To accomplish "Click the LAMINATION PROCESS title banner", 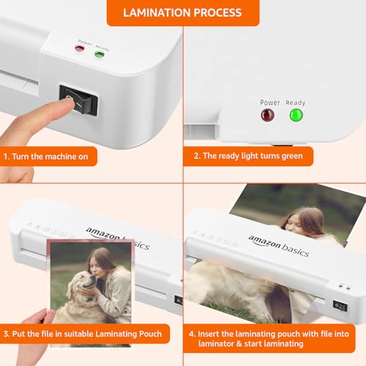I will click(x=182, y=12).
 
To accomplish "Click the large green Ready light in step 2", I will click(x=296, y=115).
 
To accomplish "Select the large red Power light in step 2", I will click(x=269, y=115).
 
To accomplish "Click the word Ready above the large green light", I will click(x=295, y=102).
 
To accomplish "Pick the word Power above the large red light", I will click(x=269, y=102).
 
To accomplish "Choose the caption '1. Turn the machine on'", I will click(x=48, y=156).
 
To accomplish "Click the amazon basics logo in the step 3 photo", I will click(x=118, y=238).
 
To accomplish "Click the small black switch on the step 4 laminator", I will click(x=340, y=305).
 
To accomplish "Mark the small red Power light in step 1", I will click(x=80, y=48).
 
